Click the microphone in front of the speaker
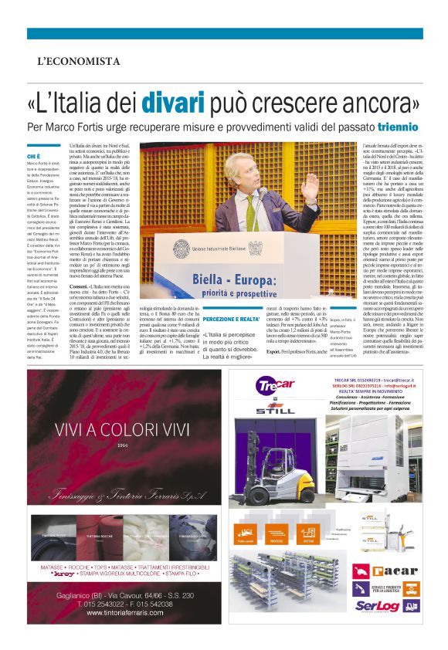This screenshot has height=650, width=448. tap(263, 193)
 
